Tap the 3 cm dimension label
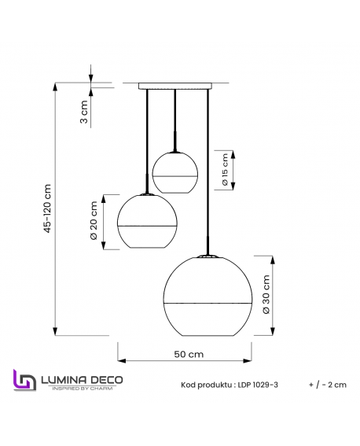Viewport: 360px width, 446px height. [84, 113]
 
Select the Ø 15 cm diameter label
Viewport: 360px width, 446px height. [225, 171]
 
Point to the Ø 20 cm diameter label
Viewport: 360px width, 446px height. [94, 223]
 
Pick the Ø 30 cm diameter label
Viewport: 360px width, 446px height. [266, 295]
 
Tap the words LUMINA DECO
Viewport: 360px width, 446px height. [82, 379]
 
